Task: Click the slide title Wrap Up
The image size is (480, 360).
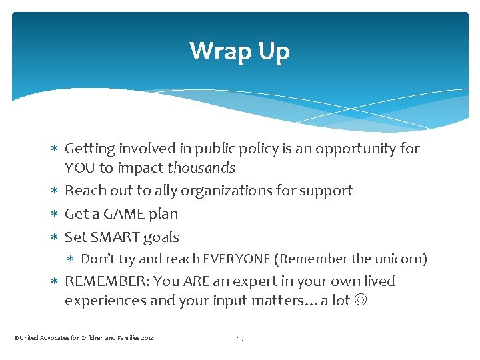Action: pos(239,51)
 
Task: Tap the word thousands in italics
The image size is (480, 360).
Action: pos(201,168)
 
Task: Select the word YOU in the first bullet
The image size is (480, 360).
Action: pos(80,168)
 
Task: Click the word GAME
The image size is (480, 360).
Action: pos(127,214)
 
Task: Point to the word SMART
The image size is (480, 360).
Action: pos(115,237)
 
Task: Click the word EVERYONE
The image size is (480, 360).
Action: pos(237,259)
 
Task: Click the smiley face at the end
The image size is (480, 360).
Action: pos(361,301)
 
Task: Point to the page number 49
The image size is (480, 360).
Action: pos(240,339)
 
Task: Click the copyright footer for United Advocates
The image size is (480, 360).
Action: pos(83,339)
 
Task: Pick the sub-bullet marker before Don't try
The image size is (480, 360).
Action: pos(72,259)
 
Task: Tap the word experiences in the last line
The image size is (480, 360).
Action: pos(105,301)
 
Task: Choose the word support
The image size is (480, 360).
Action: pos(324,191)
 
